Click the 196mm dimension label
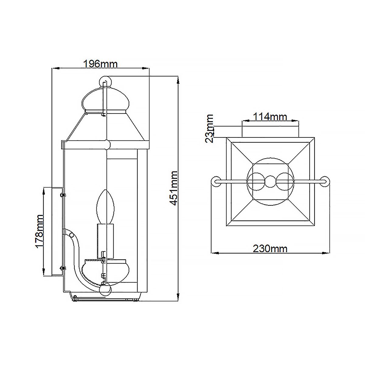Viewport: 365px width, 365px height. coord(100,64)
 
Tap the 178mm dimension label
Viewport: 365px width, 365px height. coord(39,231)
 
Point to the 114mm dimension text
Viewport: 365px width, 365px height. coord(270,116)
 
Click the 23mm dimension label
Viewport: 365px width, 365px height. coord(210,128)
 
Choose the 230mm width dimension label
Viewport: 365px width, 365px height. coord(270,249)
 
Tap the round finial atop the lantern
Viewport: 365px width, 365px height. coord(105,81)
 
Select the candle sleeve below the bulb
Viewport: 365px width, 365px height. coord(106,240)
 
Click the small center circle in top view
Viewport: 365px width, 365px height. coord(270,182)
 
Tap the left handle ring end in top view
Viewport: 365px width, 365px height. coord(217,181)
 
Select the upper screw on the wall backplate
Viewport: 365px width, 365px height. coord(64,195)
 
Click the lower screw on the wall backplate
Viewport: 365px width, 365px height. coord(64,268)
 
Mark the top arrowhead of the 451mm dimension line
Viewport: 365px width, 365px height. coord(178,80)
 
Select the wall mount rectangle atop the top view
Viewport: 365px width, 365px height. coord(270,131)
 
